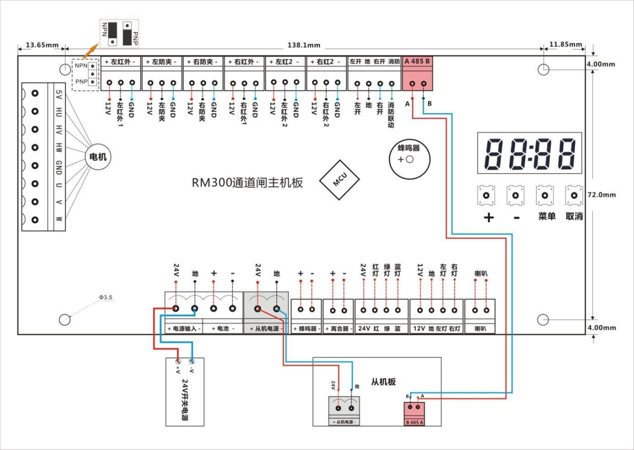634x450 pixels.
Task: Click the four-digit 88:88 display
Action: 530,152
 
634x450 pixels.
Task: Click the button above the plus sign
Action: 487,195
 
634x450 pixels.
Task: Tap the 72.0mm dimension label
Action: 602,194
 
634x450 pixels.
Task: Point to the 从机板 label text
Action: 383,382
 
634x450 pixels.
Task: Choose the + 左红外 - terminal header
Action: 121,61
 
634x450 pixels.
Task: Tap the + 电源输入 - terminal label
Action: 183,329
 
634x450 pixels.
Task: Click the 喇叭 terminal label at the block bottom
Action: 480,329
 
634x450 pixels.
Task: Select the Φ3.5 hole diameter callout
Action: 106,297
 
